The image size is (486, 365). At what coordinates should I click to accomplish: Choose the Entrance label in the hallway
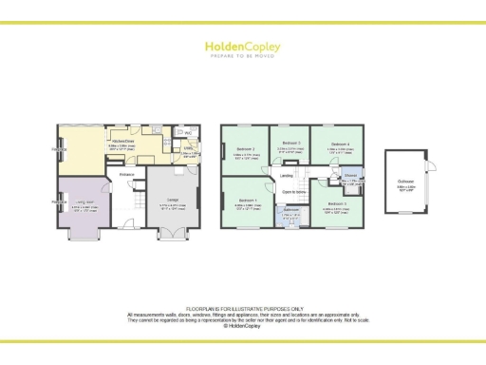[127, 175]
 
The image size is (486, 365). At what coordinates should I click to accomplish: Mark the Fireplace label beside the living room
[59, 202]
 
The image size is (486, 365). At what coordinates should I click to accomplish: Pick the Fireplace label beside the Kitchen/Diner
[59, 150]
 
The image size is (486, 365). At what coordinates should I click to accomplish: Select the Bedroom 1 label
[247, 201]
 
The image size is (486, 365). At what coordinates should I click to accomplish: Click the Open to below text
[291, 191]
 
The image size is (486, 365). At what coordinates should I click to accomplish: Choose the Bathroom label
[291, 210]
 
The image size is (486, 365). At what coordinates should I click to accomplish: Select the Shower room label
[350, 175]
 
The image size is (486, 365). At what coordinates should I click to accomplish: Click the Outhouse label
[405, 184]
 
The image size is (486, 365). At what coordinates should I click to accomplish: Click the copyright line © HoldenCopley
[243, 325]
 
